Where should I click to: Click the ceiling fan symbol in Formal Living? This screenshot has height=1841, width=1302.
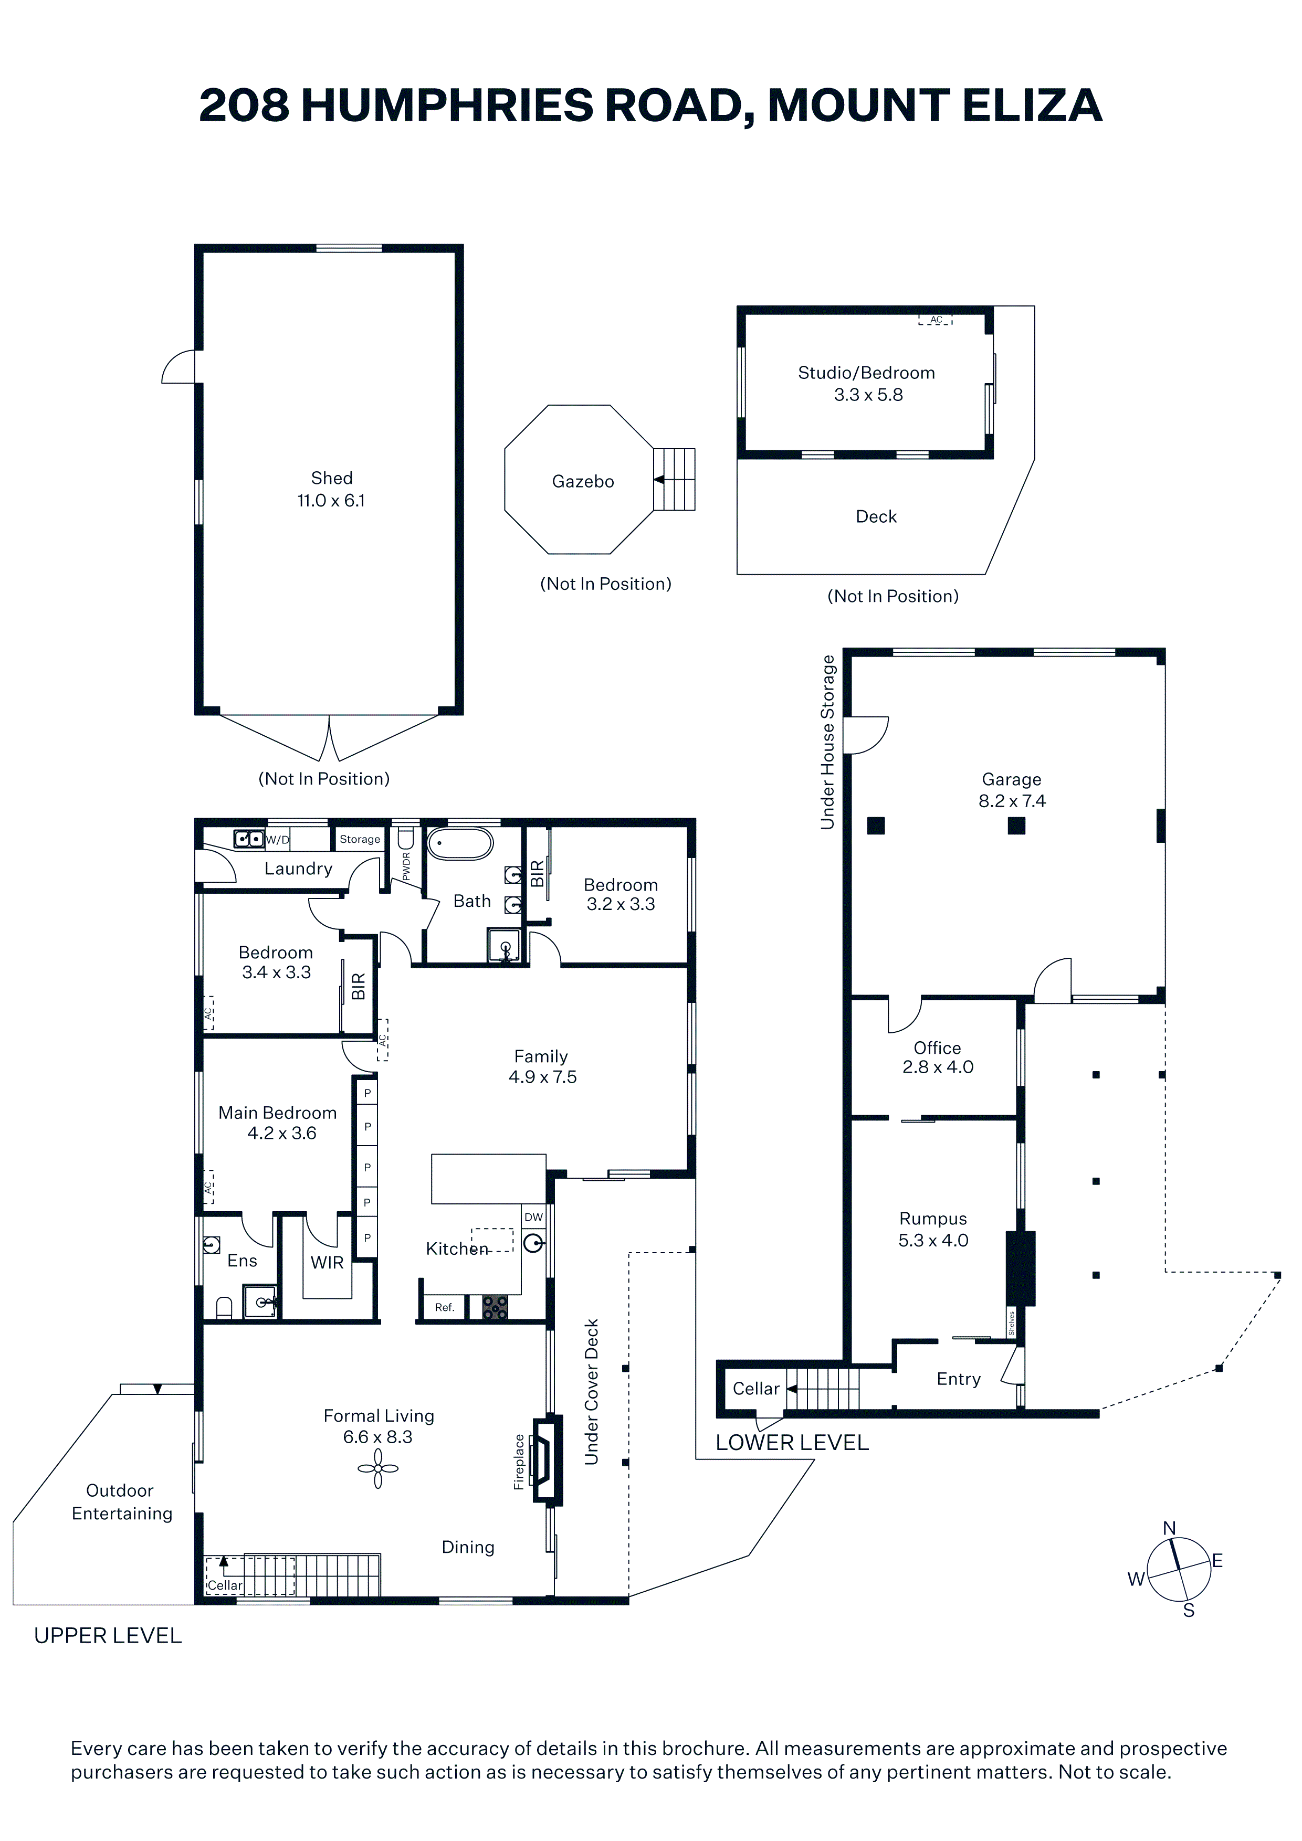point(378,1469)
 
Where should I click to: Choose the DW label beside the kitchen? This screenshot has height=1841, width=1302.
point(533,1216)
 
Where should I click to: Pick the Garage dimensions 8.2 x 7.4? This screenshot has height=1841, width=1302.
point(1012,800)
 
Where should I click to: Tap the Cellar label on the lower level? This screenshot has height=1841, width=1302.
point(755,1388)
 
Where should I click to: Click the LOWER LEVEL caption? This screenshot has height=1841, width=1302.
point(792,1443)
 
